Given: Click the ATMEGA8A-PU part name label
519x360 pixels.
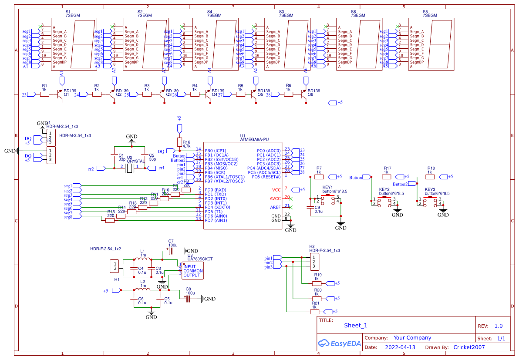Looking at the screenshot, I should pos(254,139).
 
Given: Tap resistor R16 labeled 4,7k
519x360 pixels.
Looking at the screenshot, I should pos(179,142).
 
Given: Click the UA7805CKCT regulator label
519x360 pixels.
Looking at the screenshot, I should pos(200,259).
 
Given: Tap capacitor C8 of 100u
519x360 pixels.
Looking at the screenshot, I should pos(188,299).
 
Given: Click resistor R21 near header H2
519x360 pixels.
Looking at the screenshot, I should pos(314,312).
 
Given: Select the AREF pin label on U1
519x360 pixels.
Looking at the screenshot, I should pos(275,207).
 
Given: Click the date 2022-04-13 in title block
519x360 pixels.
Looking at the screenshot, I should pos(400,347).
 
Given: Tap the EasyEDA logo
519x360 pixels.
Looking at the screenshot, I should pos(340,343).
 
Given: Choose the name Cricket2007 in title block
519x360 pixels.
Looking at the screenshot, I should pos(469,347).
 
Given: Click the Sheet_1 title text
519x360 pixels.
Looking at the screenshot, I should pos(355,325).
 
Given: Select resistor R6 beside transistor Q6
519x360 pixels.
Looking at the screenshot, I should pos(288,94).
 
